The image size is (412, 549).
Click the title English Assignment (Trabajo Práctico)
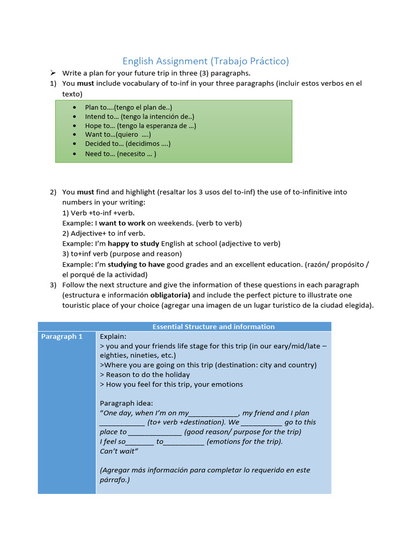click(205, 61)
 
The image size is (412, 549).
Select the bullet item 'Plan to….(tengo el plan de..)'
click(128, 107)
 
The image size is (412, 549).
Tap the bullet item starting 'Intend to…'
click(139, 116)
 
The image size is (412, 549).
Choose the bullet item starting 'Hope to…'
click(141, 125)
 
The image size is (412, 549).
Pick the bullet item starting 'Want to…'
click(117, 135)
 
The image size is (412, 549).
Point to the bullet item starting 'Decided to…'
click(128, 144)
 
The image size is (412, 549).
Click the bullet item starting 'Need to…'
click(120, 154)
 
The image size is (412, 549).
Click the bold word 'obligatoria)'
click(170, 295)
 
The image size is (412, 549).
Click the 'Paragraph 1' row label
click(62, 337)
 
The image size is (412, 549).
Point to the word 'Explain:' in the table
click(113, 337)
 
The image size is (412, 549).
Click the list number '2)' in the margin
click(53, 192)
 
